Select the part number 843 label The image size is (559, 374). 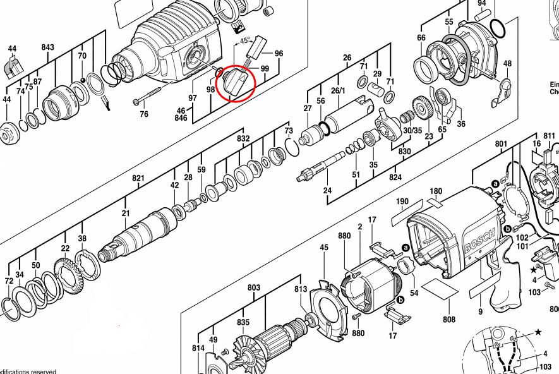(48, 47)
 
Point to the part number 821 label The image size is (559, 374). (139, 179)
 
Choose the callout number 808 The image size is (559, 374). (448, 319)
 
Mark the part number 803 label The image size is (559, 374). (254, 288)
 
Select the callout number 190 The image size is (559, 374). (403, 202)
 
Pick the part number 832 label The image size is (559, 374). (243, 138)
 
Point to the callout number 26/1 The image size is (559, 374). (356, 90)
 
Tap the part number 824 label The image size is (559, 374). (395, 178)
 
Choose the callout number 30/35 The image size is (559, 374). (412, 131)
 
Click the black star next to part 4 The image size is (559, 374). (534, 269)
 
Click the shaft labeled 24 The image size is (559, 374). (323, 167)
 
